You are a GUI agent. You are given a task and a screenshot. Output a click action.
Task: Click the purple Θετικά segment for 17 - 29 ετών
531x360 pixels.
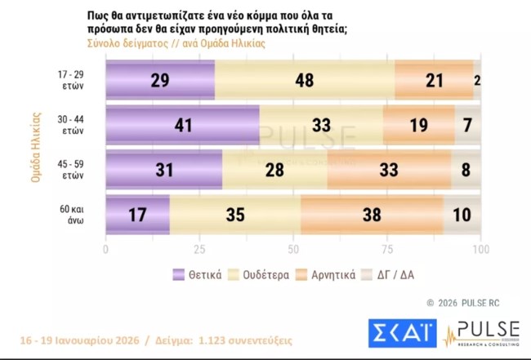160,81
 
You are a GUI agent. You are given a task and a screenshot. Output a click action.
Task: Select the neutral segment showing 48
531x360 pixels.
305,81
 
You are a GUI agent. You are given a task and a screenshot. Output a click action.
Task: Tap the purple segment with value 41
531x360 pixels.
182,125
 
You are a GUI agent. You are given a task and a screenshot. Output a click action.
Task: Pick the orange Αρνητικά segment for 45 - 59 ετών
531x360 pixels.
389,170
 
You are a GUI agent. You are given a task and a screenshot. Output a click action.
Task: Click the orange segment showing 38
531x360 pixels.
372,215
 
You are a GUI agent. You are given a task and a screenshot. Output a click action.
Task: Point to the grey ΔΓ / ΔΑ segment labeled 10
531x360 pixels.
462,215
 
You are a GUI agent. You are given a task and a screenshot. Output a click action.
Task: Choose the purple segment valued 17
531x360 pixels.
137,215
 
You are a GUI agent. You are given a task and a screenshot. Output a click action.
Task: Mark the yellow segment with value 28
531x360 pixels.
274,170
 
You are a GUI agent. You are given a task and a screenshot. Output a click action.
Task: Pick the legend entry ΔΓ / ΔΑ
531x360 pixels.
391,274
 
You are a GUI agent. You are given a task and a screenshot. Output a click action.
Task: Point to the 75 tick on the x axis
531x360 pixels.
387,248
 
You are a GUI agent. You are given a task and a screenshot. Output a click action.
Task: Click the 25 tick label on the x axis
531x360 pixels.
199,248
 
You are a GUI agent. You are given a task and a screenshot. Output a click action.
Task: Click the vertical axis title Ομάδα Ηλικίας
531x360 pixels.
37,148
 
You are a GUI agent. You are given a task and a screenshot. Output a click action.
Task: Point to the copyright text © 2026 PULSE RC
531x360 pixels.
463,303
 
